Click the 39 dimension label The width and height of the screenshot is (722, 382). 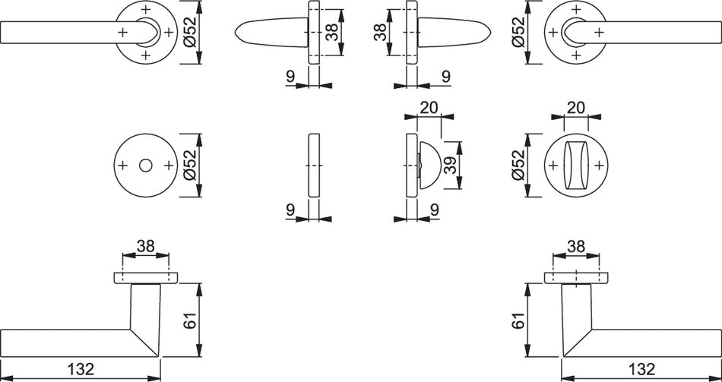452,166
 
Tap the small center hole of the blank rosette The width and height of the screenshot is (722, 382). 145,166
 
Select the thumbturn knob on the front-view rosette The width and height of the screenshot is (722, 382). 575,166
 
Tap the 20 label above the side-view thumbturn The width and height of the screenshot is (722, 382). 429,108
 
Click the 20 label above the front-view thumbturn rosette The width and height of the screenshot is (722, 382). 575,108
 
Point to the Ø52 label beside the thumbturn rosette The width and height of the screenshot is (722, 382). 518,166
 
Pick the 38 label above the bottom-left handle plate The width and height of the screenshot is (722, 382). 145,247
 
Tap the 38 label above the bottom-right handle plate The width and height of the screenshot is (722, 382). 575,247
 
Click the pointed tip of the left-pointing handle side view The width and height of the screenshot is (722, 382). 236,32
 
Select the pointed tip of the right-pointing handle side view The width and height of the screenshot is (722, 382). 491,32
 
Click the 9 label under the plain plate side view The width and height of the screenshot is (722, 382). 290,210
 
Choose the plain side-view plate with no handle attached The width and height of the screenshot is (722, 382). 313,166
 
